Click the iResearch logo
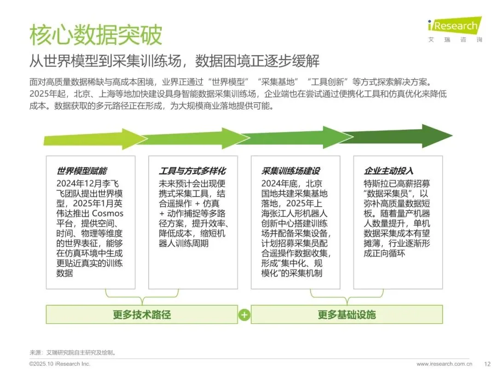point(454,25)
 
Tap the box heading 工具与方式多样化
point(192,171)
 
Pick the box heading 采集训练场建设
point(290,171)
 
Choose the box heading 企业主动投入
point(388,171)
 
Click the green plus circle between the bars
point(244,315)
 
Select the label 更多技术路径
point(142,315)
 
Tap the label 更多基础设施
point(347,315)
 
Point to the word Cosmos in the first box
point(108,213)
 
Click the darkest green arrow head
point(437,136)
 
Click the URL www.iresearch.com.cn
point(444,364)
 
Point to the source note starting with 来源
point(73,353)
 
